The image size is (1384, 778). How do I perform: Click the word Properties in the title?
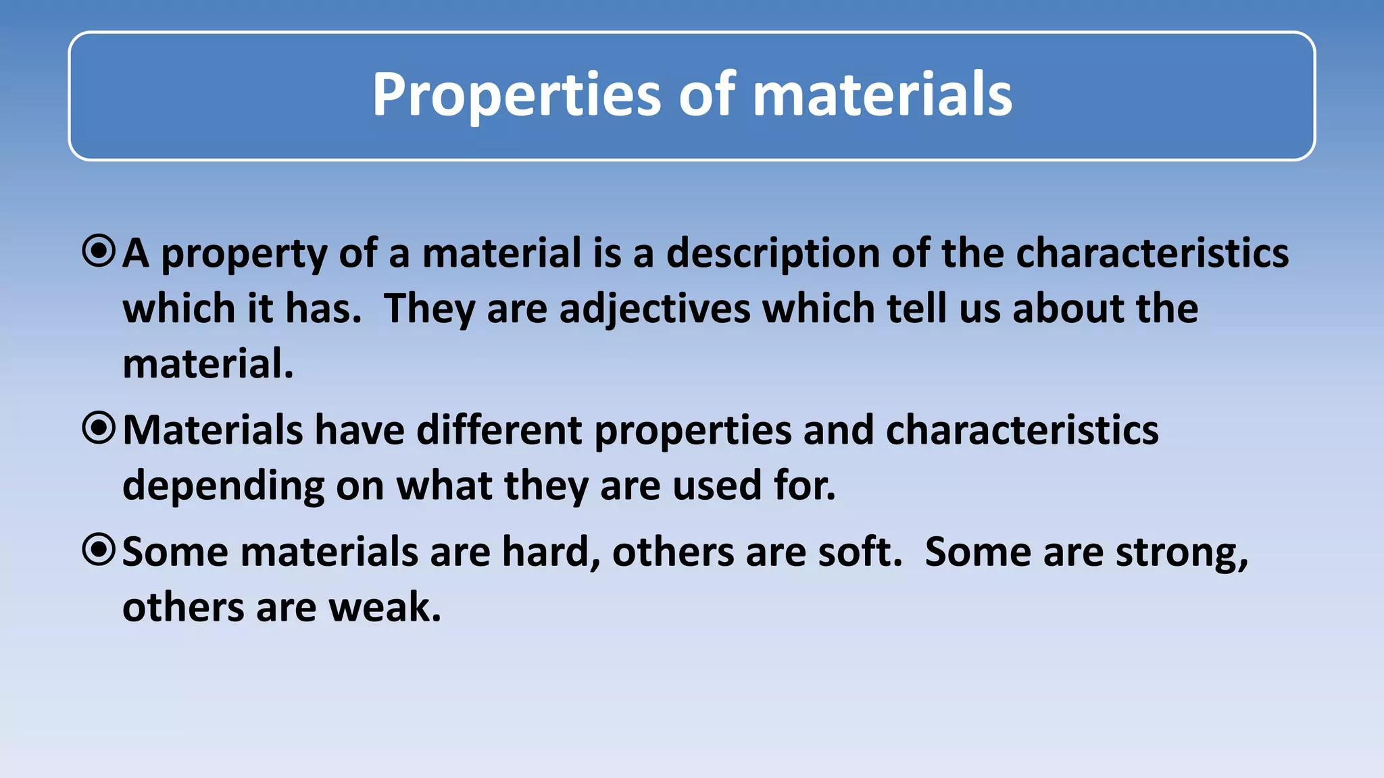516,95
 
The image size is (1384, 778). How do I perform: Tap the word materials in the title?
882,95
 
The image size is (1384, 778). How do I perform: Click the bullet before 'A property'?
99,251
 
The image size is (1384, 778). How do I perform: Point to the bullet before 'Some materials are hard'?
99,550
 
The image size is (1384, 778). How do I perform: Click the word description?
772,254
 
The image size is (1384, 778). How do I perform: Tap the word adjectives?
655,309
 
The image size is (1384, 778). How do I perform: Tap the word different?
499,430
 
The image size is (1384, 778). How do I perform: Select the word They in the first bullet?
429,309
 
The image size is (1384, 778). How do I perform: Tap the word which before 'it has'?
178,309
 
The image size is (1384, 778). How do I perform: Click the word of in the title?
707,95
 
